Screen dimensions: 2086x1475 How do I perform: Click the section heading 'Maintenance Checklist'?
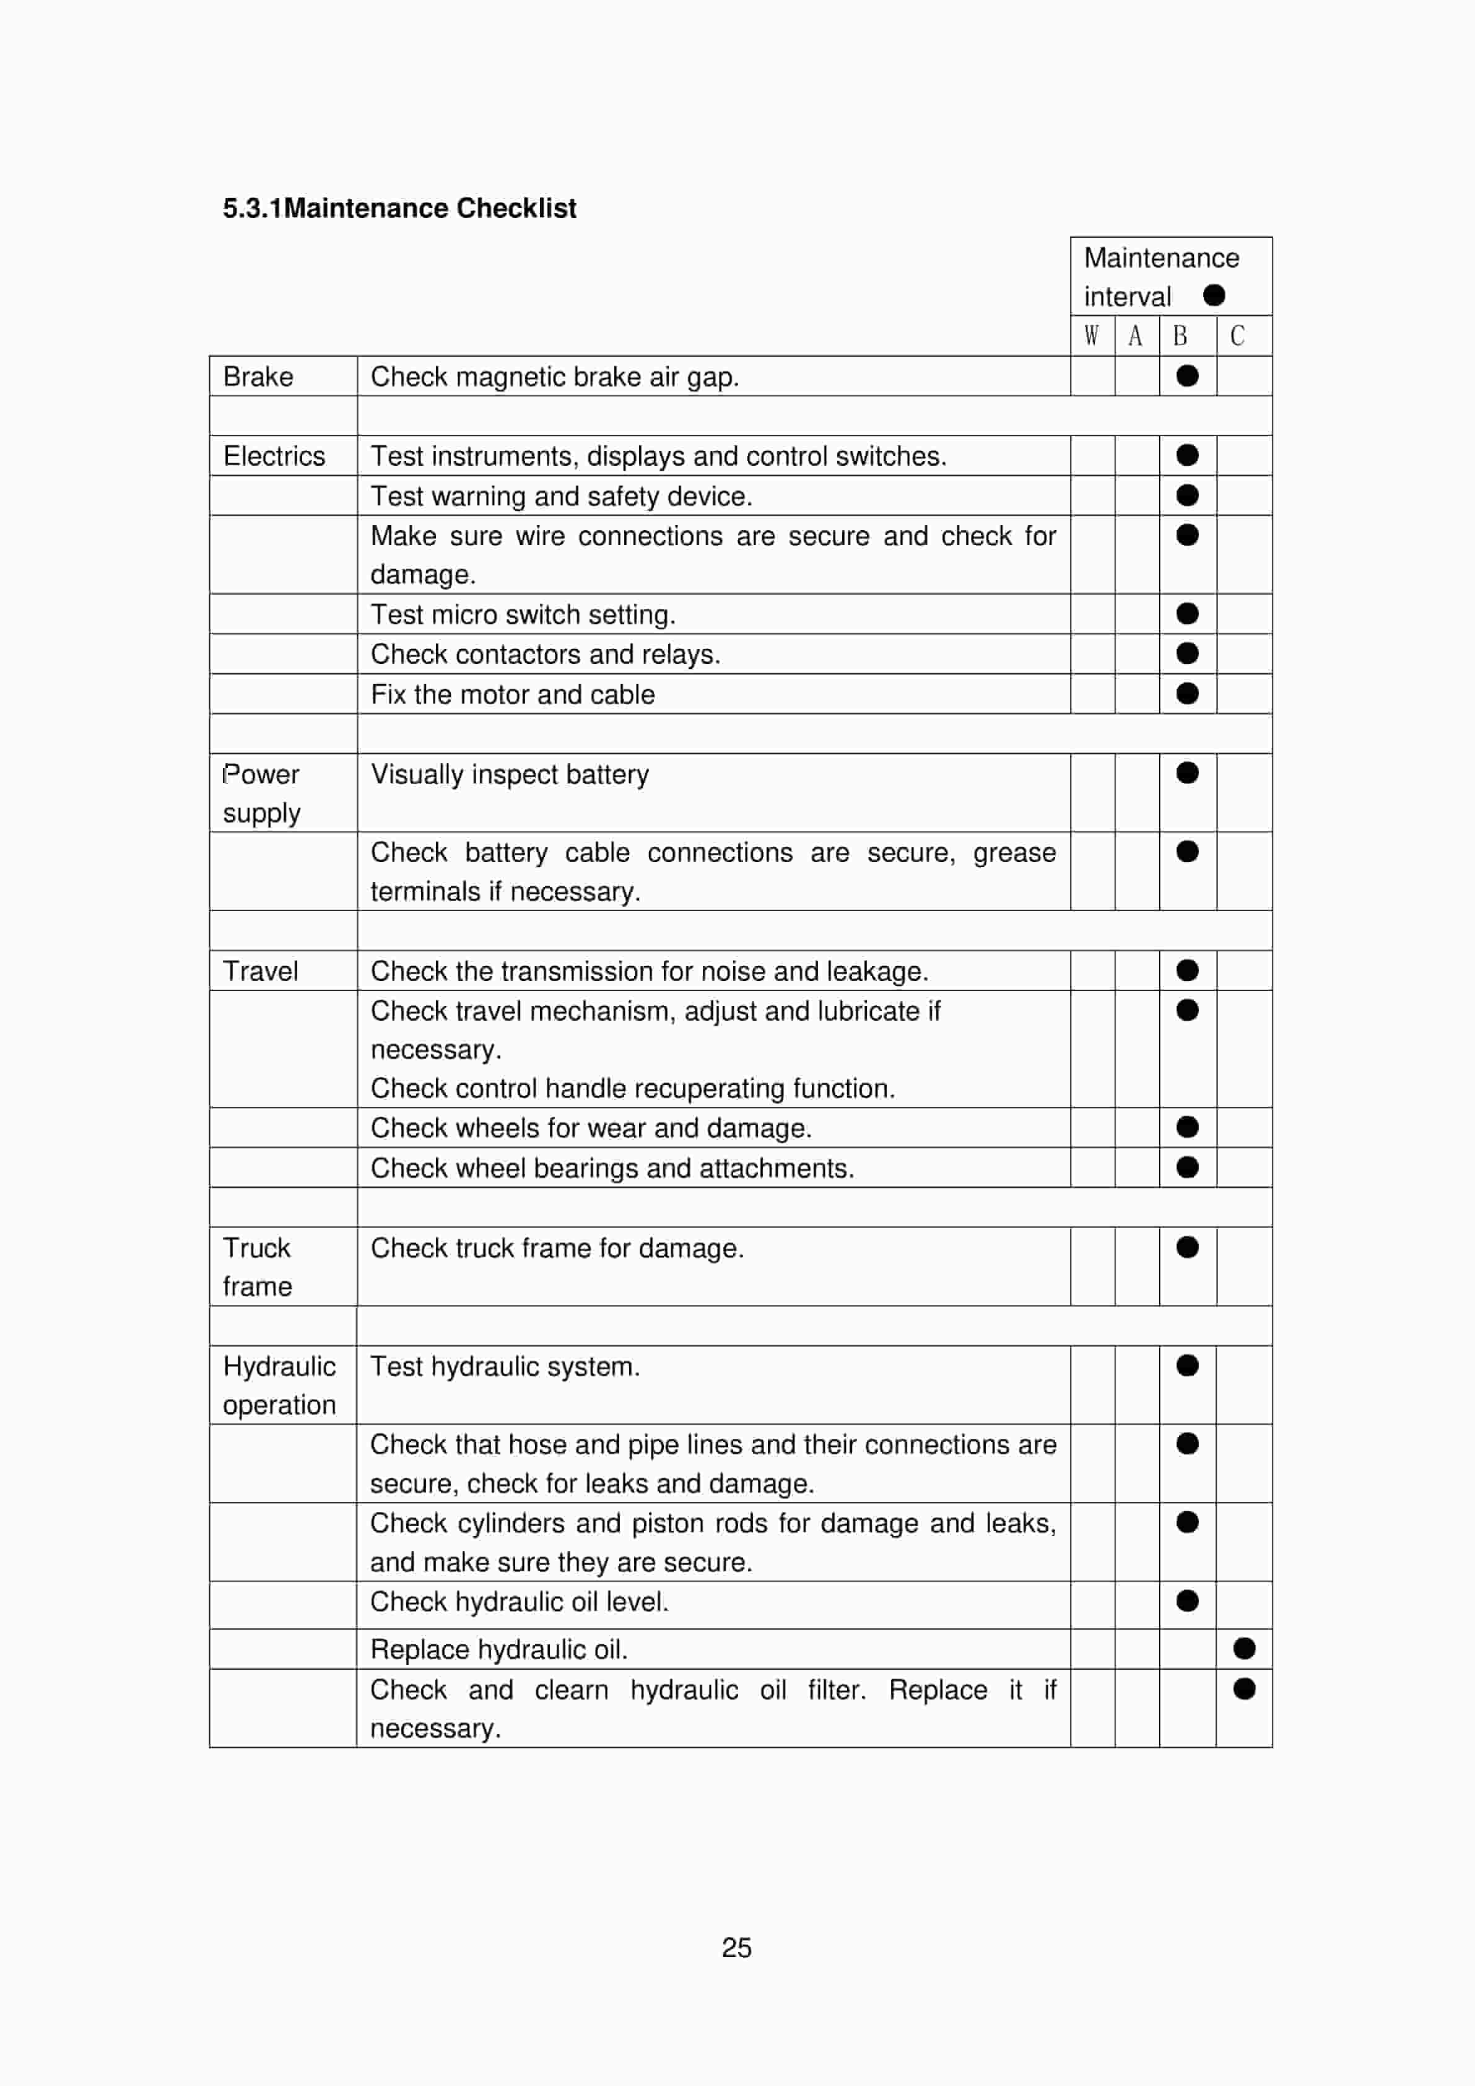pyautogui.click(x=399, y=208)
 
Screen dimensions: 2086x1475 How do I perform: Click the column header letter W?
pyautogui.click(x=1091, y=336)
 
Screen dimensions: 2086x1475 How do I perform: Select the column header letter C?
pyautogui.click(x=1237, y=336)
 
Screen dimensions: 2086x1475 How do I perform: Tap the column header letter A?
pyautogui.click(x=1135, y=336)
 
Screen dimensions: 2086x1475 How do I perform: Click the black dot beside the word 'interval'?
pyautogui.click(x=1214, y=295)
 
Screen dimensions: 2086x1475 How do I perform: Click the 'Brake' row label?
pyautogui.click(x=258, y=376)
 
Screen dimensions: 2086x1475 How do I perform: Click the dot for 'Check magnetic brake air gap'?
pyautogui.click(x=1187, y=375)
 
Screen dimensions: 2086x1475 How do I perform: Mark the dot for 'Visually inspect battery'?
pyautogui.click(x=1187, y=772)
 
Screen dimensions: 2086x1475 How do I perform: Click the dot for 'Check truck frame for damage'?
pyautogui.click(x=1187, y=1247)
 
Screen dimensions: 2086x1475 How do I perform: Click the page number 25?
pyautogui.click(x=737, y=1947)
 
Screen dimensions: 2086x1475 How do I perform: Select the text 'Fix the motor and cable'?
pyautogui.click(x=512, y=694)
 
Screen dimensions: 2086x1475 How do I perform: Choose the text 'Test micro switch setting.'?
pyautogui.click(x=522, y=614)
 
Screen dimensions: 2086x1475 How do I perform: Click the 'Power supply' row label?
pyautogui.click(x=261, y=792)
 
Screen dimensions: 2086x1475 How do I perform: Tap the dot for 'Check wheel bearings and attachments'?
pyautogui.click(x=1187, y=1166)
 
